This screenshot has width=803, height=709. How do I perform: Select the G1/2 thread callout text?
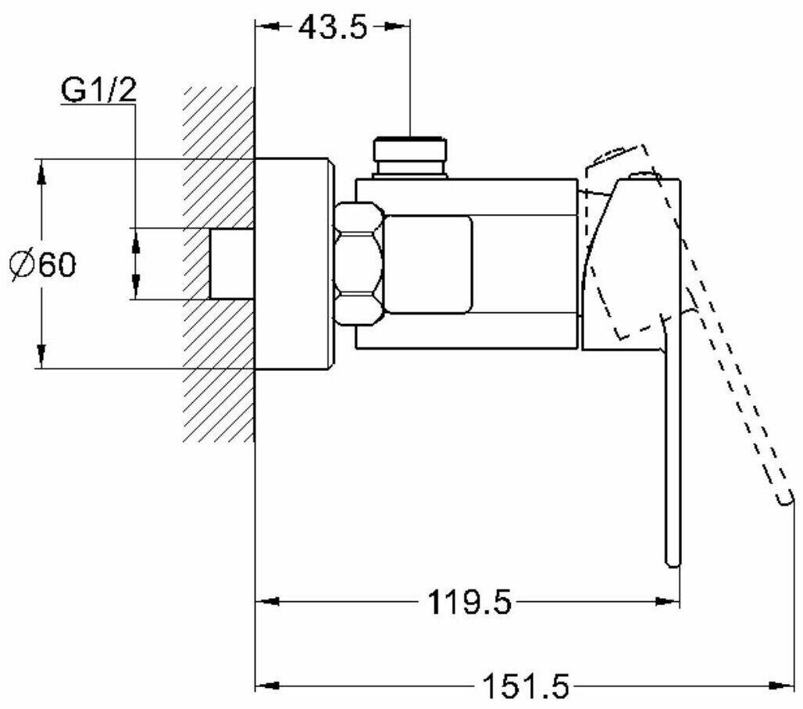[x=99, y=91]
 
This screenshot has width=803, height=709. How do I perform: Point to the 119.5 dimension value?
[x=469, y=602]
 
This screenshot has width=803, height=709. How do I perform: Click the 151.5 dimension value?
[x=524, y=687]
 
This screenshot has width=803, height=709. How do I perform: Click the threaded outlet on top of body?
[x=410, y=156]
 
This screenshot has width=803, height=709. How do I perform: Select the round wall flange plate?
[x=294, y=263]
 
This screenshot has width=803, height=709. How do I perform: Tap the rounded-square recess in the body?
[x=429, y=265]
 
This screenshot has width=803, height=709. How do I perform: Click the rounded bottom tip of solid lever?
[x=673, y=558]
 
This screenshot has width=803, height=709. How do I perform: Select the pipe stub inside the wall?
[x=233, y=263]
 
